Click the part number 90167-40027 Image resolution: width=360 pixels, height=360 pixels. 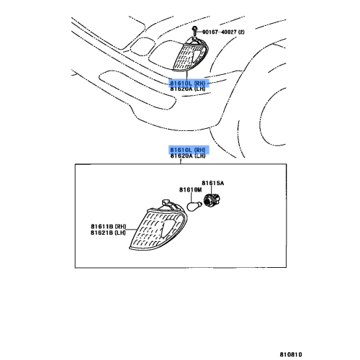point(220,32)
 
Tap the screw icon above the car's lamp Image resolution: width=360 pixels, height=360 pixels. point(194,31)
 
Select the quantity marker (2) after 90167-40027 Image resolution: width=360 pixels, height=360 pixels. point(241,32)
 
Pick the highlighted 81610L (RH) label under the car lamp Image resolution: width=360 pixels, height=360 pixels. point(188,84)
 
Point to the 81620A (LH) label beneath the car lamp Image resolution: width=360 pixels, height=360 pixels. point(188,89)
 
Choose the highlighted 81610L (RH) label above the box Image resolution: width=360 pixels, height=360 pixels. point(188,150)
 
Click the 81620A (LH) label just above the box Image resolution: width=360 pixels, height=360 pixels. point(188,156)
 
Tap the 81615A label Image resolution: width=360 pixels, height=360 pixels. point(213,183)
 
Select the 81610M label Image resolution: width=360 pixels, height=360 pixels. point(191,190)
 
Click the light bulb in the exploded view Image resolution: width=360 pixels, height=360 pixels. point(193,207)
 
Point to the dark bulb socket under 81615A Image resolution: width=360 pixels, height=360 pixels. point(212,200)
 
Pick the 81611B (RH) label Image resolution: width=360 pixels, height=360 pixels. point(108,226)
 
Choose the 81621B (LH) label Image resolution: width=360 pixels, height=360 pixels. point(108,233)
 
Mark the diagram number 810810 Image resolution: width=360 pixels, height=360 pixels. point(291,354)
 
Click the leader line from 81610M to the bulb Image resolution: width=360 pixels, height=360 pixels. point(192,198)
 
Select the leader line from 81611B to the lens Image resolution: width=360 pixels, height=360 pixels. point(131,230)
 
